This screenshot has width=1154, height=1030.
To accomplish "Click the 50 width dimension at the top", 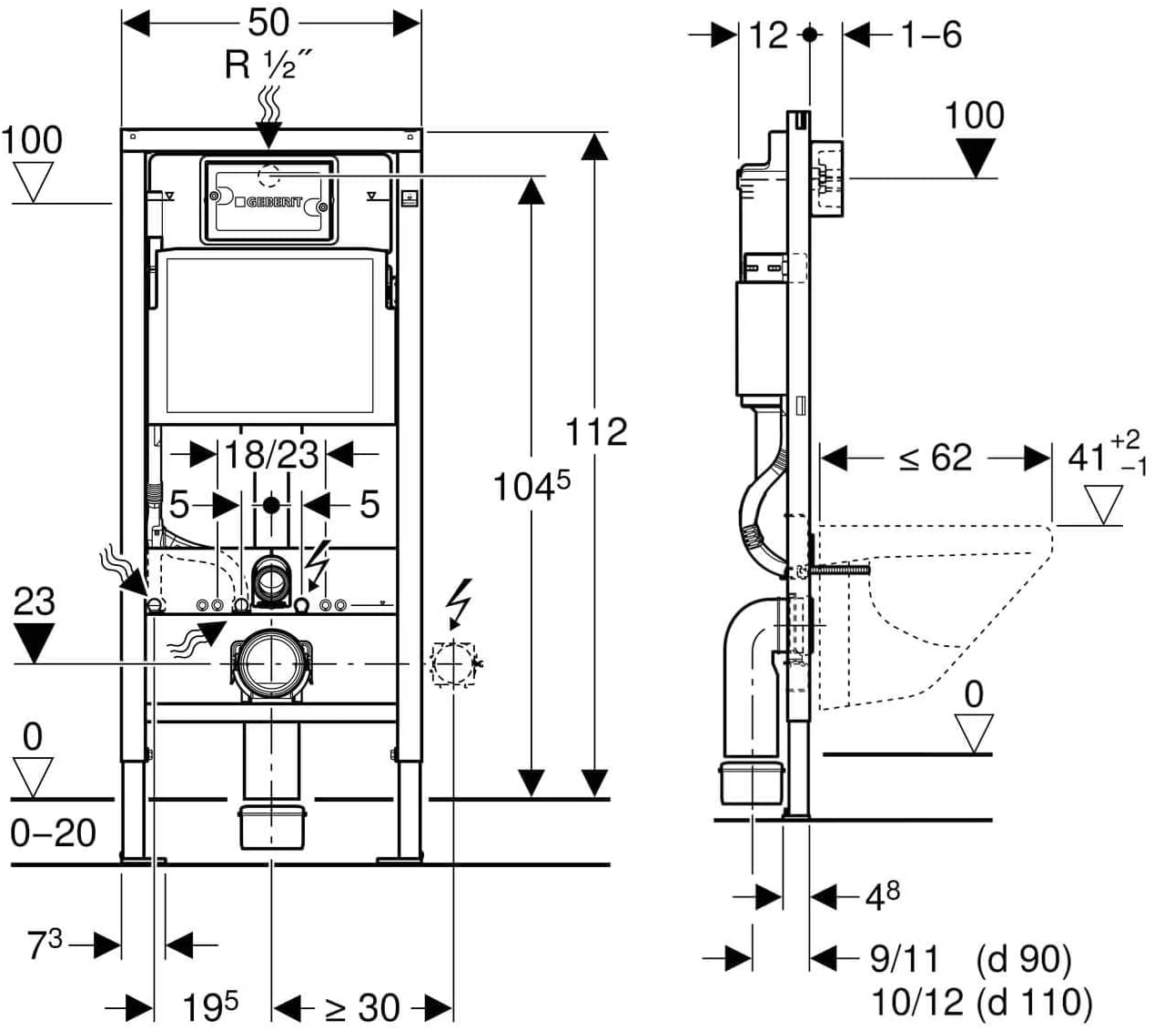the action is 268,23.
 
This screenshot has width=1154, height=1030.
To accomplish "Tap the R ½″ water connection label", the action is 268,65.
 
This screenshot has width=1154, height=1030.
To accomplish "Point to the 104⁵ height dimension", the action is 531,486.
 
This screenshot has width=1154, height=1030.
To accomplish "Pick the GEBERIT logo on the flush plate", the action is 268,202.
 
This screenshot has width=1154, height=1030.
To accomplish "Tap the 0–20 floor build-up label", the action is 53,833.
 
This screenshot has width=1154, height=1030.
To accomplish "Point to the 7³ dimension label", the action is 45,945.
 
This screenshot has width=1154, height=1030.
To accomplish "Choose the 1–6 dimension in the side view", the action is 932,35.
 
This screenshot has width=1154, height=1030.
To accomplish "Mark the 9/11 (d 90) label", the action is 970,959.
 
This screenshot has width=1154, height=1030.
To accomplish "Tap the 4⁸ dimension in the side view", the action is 882,897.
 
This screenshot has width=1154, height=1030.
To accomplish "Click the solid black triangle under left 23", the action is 35,642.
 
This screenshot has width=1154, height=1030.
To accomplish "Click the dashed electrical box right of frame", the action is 453,664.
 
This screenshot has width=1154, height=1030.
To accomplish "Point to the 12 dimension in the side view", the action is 768,35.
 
